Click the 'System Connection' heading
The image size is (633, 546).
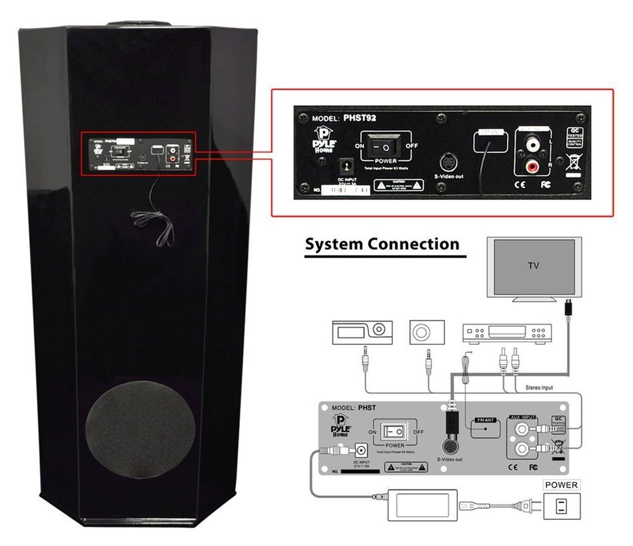(382, 244)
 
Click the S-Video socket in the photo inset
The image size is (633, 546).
(448, 162)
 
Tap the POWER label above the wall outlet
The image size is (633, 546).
(562, 485)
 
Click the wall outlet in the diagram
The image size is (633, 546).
(562, 506)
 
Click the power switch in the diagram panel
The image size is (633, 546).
(395, 431)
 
